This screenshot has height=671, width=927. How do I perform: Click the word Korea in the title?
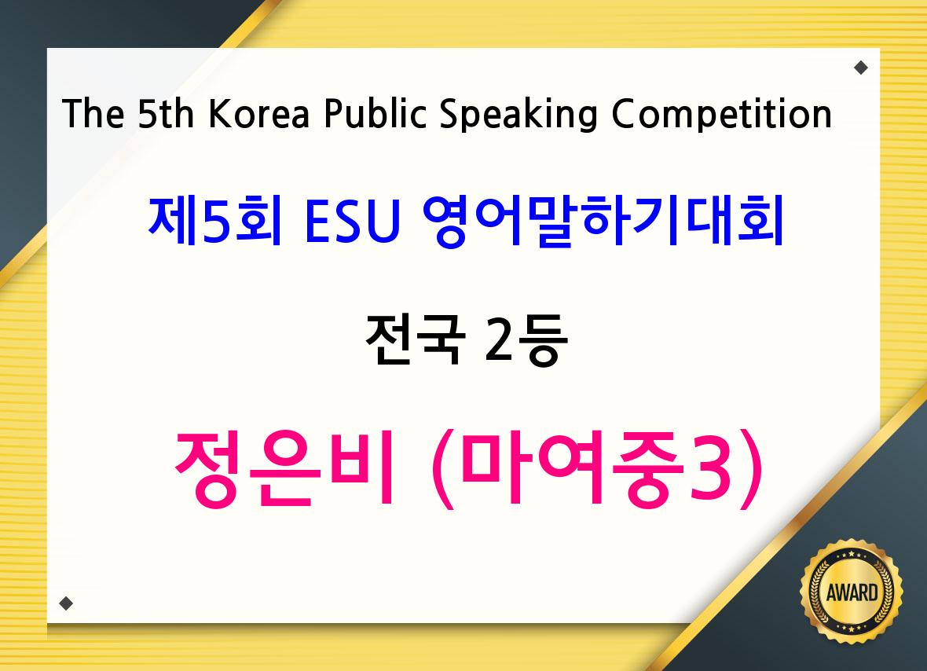pos(258,113)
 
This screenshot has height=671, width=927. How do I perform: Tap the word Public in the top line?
pos(375,112)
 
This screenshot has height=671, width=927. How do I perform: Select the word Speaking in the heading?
pos(518,114)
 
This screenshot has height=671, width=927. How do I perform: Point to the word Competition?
pos(721,114)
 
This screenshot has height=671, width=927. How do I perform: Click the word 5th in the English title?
pos(166,113)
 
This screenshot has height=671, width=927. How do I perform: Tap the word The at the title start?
pos(93,113)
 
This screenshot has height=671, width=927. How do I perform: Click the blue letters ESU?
pos(353,221)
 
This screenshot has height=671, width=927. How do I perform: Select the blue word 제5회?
pos(214,221)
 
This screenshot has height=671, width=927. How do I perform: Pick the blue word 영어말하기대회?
pos(603,221)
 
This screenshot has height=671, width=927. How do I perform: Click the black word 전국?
pos(415,339)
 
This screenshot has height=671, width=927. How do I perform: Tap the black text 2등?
pos(526,340)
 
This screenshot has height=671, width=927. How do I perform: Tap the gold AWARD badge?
pos(852,592)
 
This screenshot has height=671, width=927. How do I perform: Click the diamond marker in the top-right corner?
pos(861,68)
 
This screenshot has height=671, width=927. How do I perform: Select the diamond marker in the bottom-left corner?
pos(66,603)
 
